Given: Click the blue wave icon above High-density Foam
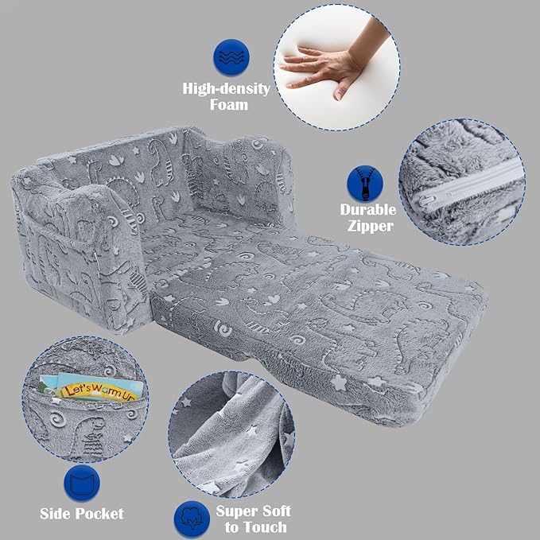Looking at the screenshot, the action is pos(231,56).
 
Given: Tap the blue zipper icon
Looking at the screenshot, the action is pos(365,183).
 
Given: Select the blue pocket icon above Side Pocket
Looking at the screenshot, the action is pos(82,483).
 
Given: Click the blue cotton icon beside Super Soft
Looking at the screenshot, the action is pos(192,519).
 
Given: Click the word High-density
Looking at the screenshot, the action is pos(227,89).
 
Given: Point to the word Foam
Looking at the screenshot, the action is pos(229,105).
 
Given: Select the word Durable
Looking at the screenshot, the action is pos(368,210).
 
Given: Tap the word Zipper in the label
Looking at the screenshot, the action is pos(371,227).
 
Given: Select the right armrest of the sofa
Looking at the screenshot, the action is pos(241,176).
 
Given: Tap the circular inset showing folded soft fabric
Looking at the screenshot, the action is pos(231,434).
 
